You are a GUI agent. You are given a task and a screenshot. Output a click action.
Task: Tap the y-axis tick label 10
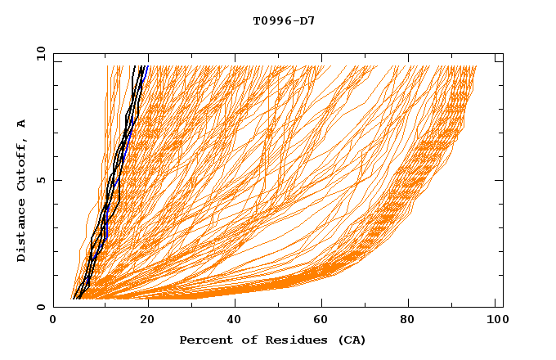click(x=40, y=52)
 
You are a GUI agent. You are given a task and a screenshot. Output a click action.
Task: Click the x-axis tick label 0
click(x=53, y=322)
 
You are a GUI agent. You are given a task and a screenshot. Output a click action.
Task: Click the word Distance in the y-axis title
click(x=22, y=234)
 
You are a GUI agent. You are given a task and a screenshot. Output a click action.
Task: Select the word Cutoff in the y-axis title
click(x=22, y=167)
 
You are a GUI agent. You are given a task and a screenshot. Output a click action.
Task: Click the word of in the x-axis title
click(x=243, y=340)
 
